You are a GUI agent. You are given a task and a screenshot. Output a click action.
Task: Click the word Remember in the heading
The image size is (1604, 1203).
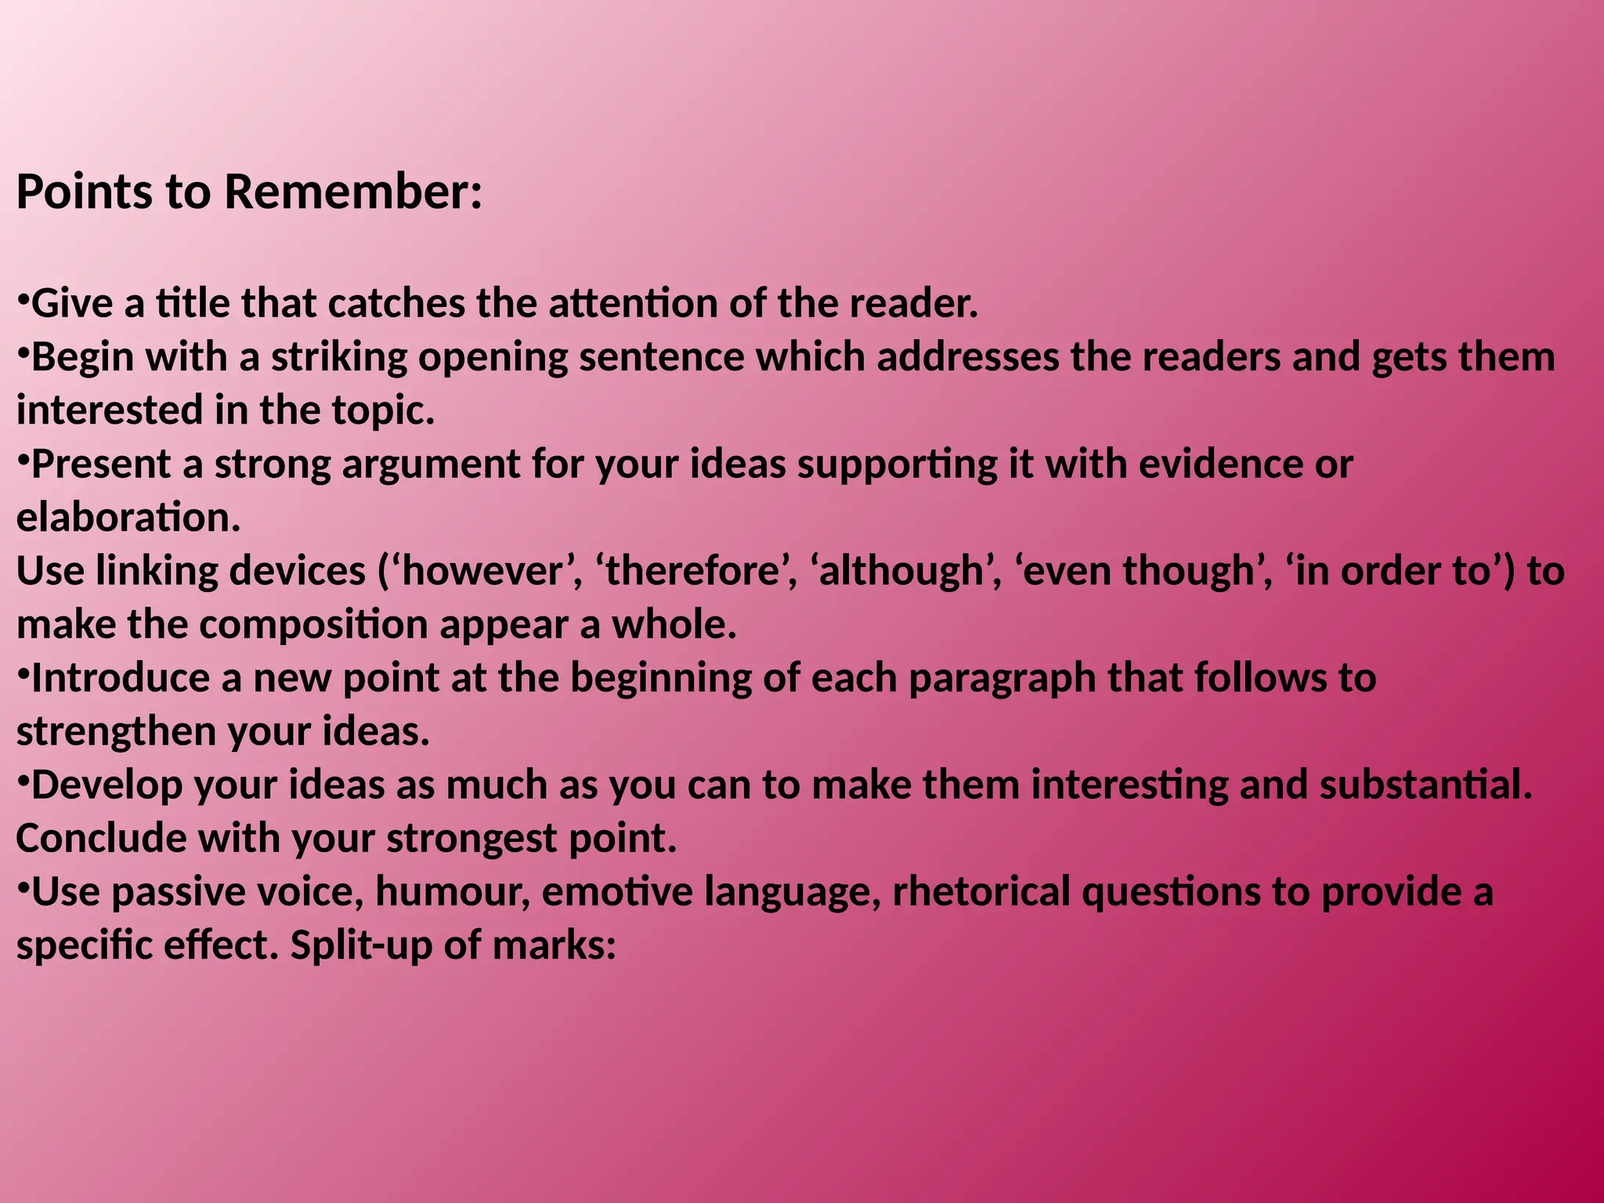353,192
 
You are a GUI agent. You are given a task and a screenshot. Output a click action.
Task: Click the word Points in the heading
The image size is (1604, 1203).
85,192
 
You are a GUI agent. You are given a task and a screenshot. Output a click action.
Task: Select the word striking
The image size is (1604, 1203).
340,358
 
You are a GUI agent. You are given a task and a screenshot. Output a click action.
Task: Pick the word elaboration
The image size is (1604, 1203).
128,518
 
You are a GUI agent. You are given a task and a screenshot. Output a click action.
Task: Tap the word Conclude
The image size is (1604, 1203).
101,839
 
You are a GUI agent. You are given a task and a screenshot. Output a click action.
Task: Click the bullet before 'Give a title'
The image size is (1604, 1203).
23,302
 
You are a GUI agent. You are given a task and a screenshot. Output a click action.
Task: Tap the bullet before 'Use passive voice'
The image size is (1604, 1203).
23,890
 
